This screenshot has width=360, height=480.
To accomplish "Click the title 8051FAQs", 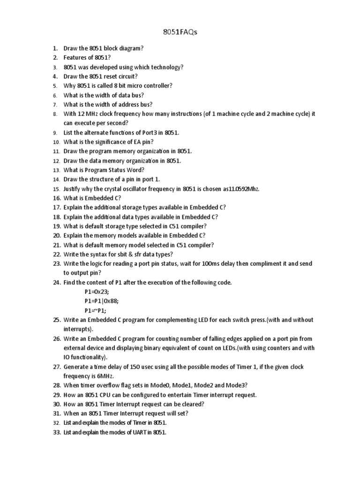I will (x=180, y=32).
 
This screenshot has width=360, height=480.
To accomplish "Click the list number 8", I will (x=55, y=114).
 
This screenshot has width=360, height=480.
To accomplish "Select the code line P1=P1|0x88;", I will (x=105, y=301).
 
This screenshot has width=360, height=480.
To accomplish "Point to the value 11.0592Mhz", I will (x=241, y=188).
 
